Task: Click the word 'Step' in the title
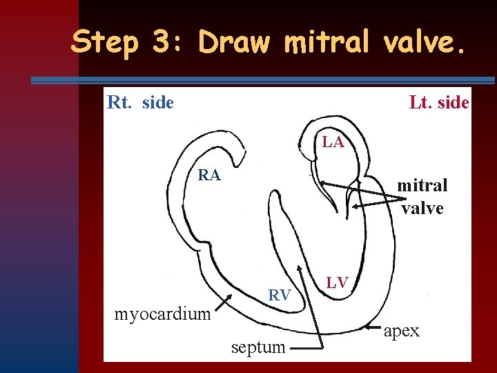click(104, 43)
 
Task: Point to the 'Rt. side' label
click(140, 103)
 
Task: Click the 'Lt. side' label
click(438, 103)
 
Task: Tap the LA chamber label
click(333, 142)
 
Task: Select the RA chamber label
click(209, 175)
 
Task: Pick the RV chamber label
click(278, 296)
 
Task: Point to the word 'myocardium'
click(162, 314)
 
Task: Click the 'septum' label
click(258, 347)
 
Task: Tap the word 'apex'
click(401, 331)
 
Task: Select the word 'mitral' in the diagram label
click(422, 185)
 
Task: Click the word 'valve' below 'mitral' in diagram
click(422, 207)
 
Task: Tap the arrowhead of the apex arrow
click(370, 325)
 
